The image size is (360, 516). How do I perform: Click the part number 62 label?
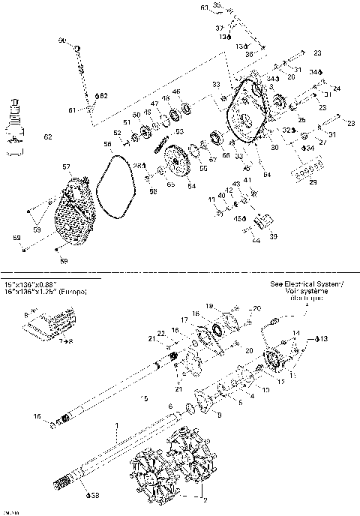point(48,137)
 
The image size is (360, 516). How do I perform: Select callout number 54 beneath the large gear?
point(191,185)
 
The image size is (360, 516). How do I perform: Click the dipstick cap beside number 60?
point(77,48)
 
